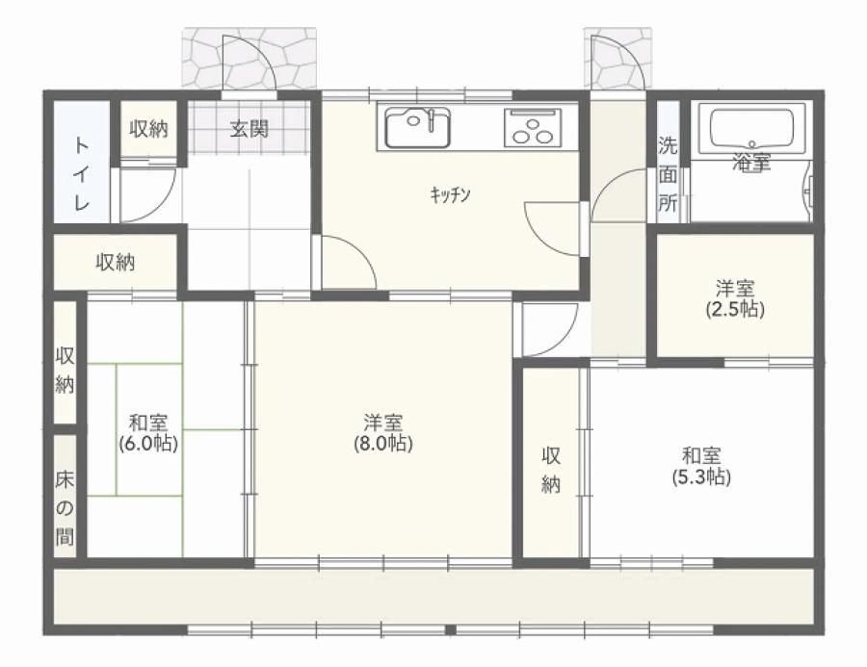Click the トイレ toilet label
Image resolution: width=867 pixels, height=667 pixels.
click(81, 174)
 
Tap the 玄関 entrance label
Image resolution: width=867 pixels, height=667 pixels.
click(250, 129)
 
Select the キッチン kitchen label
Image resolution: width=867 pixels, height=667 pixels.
click(450, 194)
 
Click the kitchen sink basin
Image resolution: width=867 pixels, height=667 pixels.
click(417, 128)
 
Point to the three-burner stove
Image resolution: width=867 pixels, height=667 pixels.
click(533, 128)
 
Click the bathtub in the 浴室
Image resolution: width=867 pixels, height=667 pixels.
click(752, 129)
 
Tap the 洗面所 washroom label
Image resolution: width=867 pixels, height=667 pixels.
click(668, 174)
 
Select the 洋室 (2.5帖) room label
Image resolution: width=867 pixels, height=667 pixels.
click(735, 299)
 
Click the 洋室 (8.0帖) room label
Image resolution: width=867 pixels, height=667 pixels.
click(383, 433)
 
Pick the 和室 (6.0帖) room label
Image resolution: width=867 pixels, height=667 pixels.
click(148, 433)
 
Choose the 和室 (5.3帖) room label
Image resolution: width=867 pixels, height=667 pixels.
click(701, 466)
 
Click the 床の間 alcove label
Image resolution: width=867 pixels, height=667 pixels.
click(65, 508)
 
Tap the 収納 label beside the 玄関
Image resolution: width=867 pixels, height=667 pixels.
click(148, 129)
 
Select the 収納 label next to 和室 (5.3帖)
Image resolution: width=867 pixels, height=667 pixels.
click(551, 471)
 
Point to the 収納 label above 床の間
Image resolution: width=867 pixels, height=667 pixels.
click(65, 371)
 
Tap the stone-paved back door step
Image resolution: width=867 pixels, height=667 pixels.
click(617, 59)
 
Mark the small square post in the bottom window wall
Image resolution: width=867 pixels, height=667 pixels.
click(451, 629)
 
